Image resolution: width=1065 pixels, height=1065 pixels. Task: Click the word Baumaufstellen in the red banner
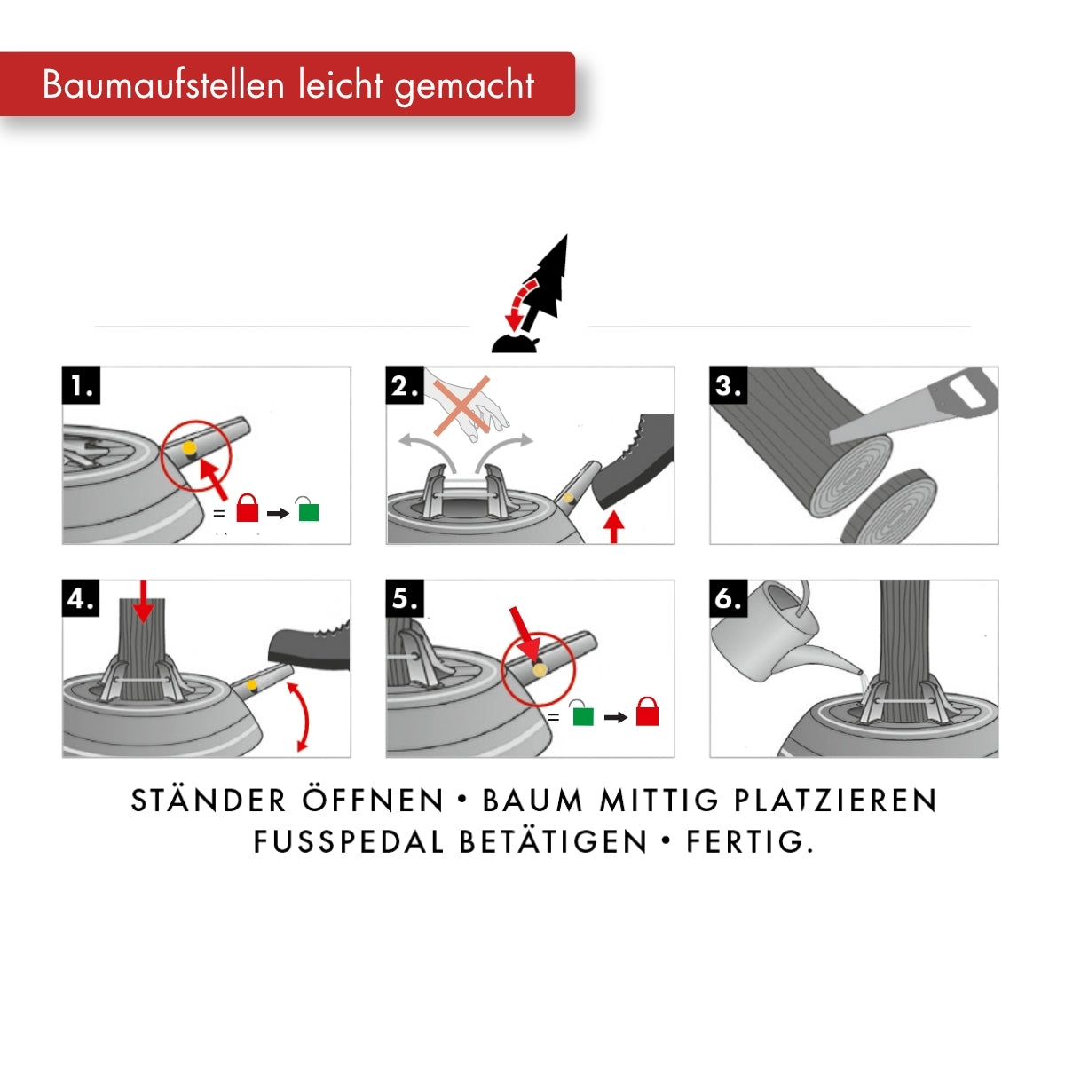(x=163, y=84)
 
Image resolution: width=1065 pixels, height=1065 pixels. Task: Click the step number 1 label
(x=82, y=385)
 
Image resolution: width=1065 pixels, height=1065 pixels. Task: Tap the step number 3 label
(x=729, y=385)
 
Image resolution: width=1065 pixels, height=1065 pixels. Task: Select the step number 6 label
(x=729, y=598)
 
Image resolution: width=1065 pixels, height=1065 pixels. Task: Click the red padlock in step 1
(x=247, y=508)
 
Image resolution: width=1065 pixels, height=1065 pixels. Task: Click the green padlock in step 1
(x=308, y=509)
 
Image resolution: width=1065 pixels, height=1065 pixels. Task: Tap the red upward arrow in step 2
(x=613, y=528)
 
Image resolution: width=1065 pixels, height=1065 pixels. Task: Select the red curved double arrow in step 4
(x=302, y=717)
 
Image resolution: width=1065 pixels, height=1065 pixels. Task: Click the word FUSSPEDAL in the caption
(x=348, y=842)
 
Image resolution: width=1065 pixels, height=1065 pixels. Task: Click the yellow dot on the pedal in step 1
(x=189, y=447)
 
